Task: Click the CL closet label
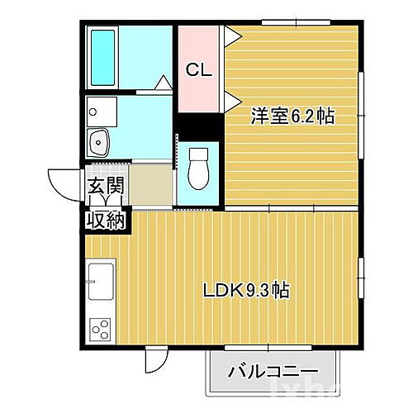tap(198, 70)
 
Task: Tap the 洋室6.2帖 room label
tap(293, 116)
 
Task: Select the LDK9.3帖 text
tap(246, 290)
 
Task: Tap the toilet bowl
tap(198, 169)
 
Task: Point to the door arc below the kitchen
tap(156, 359)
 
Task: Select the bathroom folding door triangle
tap(164, 83)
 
